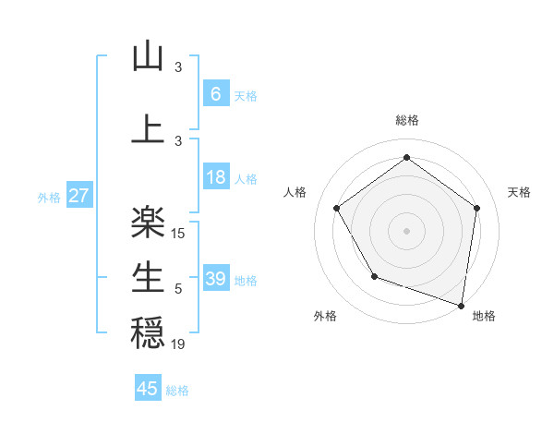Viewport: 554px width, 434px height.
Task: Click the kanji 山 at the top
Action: (x=148, y=57)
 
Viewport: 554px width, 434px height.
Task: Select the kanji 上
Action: (x=148, y=127)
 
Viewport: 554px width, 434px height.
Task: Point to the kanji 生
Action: (x=148, y=276)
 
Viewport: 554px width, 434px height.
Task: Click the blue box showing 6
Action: (x=215, y=93)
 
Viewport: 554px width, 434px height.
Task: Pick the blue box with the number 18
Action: (x=215, y=177)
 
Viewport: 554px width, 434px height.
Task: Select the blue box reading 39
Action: (x=215, y=279)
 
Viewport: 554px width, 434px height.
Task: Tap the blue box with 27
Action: (x=78, y=196)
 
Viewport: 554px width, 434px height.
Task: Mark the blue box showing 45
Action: (x=148, y=389)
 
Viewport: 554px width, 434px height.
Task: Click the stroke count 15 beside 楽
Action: (x=178, y=234)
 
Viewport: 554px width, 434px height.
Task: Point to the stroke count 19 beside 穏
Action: (x=178, y=344)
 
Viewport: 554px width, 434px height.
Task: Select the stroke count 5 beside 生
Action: (x=178, y=289)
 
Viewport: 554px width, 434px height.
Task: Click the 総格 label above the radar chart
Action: (x=407, y=120)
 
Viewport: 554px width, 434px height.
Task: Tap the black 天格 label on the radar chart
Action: (x=520, y=192)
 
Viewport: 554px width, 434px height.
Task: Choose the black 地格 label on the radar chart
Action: (x=484, y=317)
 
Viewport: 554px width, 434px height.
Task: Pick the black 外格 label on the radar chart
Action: (x=325, y=317)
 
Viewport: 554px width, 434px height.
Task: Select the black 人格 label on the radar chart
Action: (x=295, y=192)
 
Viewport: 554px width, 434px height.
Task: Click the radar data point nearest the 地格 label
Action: (x=461, y=304)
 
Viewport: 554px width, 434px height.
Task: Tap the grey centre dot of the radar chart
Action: (x=406, y=230)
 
